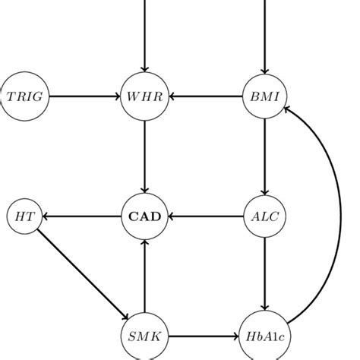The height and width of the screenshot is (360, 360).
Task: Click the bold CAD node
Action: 144,216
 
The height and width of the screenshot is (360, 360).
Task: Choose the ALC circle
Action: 264,216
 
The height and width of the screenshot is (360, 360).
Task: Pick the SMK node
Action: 144,335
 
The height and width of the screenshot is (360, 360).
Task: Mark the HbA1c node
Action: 264,335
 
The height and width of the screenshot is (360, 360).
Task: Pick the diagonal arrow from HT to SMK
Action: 82,274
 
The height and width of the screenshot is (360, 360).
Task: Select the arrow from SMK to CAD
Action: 144,275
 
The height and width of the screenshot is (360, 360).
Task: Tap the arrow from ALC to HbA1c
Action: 264,275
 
